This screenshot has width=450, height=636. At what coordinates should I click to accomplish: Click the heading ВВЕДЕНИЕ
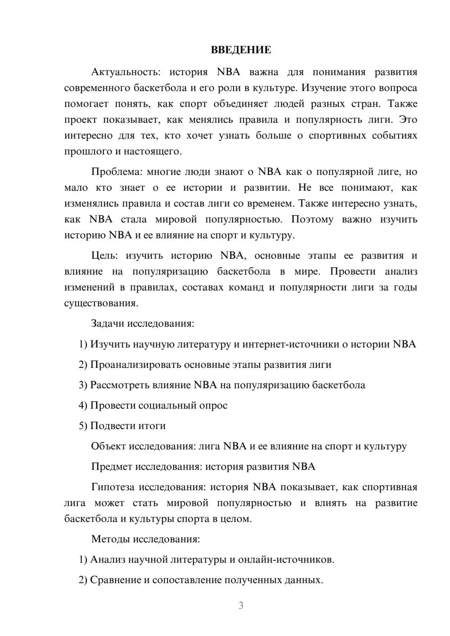click(241, 50)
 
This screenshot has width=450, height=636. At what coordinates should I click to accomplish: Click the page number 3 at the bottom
click(241, 605)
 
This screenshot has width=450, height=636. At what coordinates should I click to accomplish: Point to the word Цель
click(104, 255)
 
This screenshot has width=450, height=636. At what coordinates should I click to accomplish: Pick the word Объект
click(108, 446)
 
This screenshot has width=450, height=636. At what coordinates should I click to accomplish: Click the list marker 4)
click(83, 405)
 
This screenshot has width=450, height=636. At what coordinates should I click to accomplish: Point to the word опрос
click(213, 406)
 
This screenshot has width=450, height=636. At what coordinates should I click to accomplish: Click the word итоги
click(151, 426)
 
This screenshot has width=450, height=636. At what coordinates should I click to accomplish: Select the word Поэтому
click(312, 219)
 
